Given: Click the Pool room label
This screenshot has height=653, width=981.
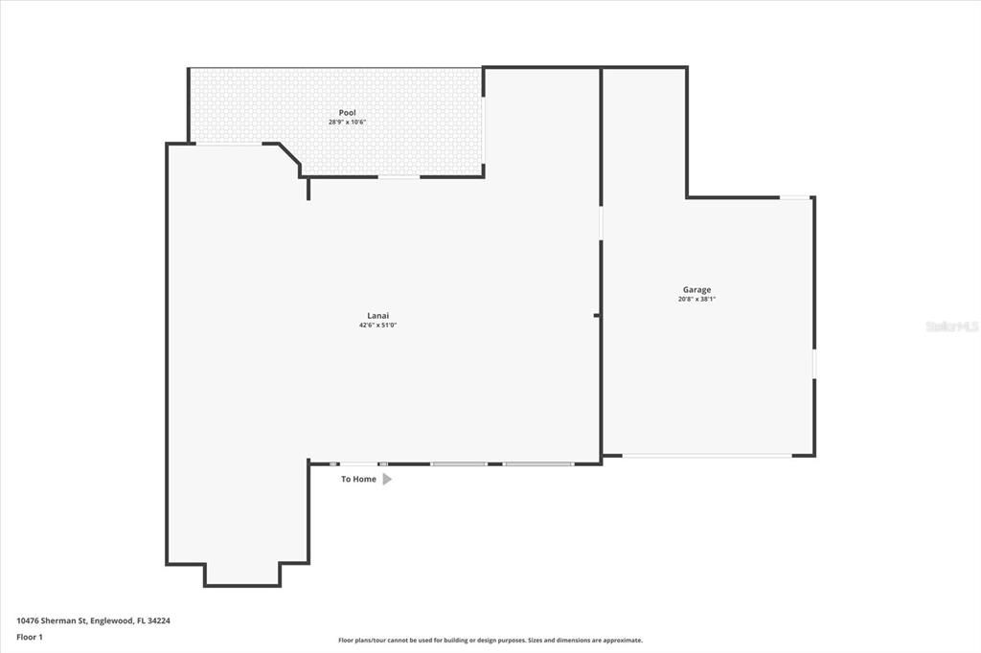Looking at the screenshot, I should point(347,113).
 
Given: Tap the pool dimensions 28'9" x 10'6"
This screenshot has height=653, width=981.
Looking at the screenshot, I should point(347,123).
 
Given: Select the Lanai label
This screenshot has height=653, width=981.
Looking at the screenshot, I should point(377,316).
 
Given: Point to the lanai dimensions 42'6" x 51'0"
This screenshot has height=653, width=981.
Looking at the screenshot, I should point(377,326).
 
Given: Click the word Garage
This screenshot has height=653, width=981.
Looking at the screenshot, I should point(696,289).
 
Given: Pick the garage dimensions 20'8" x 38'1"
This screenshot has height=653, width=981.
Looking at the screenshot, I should point(696,299).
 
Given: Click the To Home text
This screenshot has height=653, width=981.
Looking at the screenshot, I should point(358,479).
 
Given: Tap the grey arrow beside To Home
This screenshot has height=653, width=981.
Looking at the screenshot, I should point(387,479).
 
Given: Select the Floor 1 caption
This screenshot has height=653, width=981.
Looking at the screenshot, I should point(30,636).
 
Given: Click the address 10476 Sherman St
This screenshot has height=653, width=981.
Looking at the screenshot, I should point(53,620).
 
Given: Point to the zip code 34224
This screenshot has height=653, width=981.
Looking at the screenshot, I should point(159,620).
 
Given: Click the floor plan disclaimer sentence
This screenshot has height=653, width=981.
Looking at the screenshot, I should point(490,641).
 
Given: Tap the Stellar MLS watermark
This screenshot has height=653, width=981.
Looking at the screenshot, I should point(951,326).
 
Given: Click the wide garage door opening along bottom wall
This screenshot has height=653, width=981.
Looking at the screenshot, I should point(709,456).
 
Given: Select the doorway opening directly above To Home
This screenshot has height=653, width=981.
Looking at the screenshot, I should point(358,463).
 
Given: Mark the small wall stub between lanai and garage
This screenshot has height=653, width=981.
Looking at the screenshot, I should point(597,315).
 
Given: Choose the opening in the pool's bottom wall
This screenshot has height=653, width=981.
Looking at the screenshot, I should point(399,177).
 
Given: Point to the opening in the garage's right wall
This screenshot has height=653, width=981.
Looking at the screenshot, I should point(814,364).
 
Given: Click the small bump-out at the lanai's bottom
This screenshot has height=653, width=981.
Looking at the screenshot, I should point(242,574).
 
